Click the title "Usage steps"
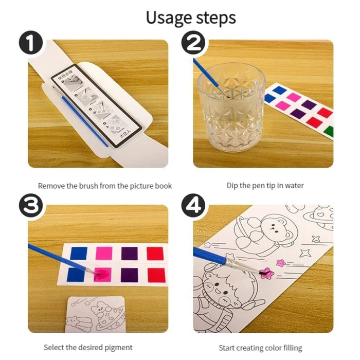(x=190, y=17)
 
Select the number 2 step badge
(x=193, y=45)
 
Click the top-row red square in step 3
(x=155, y=253)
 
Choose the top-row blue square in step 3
(x=79, y=253)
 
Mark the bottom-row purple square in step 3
(x=129, y=275)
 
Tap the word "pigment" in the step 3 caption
(x=118, y=348)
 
